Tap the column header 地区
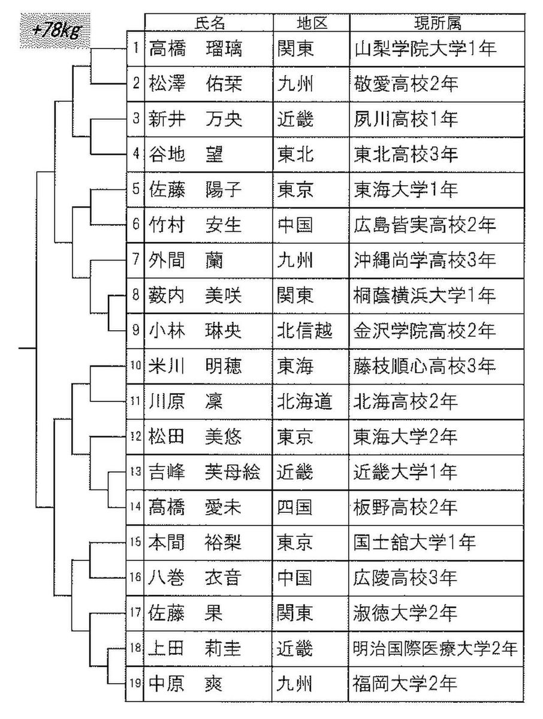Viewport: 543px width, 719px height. coord(312,23)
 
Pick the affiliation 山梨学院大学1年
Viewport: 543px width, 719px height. coord(425,49)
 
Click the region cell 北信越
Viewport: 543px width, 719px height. coord(304,331)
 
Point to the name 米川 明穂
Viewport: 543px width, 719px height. coord(195,366)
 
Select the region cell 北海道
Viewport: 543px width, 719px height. coord(304,401)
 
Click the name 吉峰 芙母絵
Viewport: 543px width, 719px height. coord(204,472)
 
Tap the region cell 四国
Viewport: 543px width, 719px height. coord(295,507)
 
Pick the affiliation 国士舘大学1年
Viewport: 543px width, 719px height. coord(415,543)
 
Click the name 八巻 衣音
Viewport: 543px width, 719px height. coord(195,578)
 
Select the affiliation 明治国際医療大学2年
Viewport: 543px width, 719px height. coord(435,649)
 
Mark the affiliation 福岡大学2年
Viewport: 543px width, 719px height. coord(406,684)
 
